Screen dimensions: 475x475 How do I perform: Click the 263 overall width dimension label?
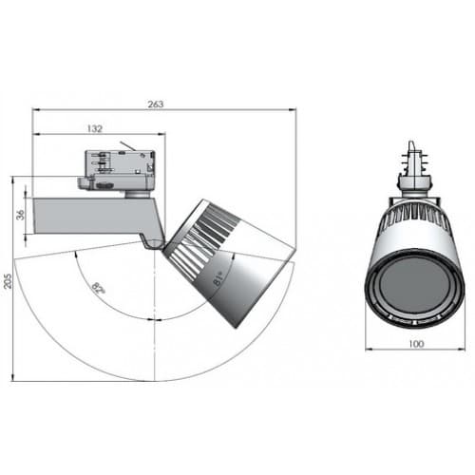click(x=155, y=104)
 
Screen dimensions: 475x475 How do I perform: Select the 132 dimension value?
click(x=95, y=126)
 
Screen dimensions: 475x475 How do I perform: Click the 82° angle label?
click(x=100, y=286)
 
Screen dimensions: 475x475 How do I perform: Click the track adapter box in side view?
click(x=119, y=167)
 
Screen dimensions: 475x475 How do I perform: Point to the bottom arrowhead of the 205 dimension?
click(x=16, y=378)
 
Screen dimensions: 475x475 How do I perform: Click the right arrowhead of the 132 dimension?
click(x=154, y=133)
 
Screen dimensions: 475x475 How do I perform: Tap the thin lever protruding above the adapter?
click(x=126, y=146)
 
